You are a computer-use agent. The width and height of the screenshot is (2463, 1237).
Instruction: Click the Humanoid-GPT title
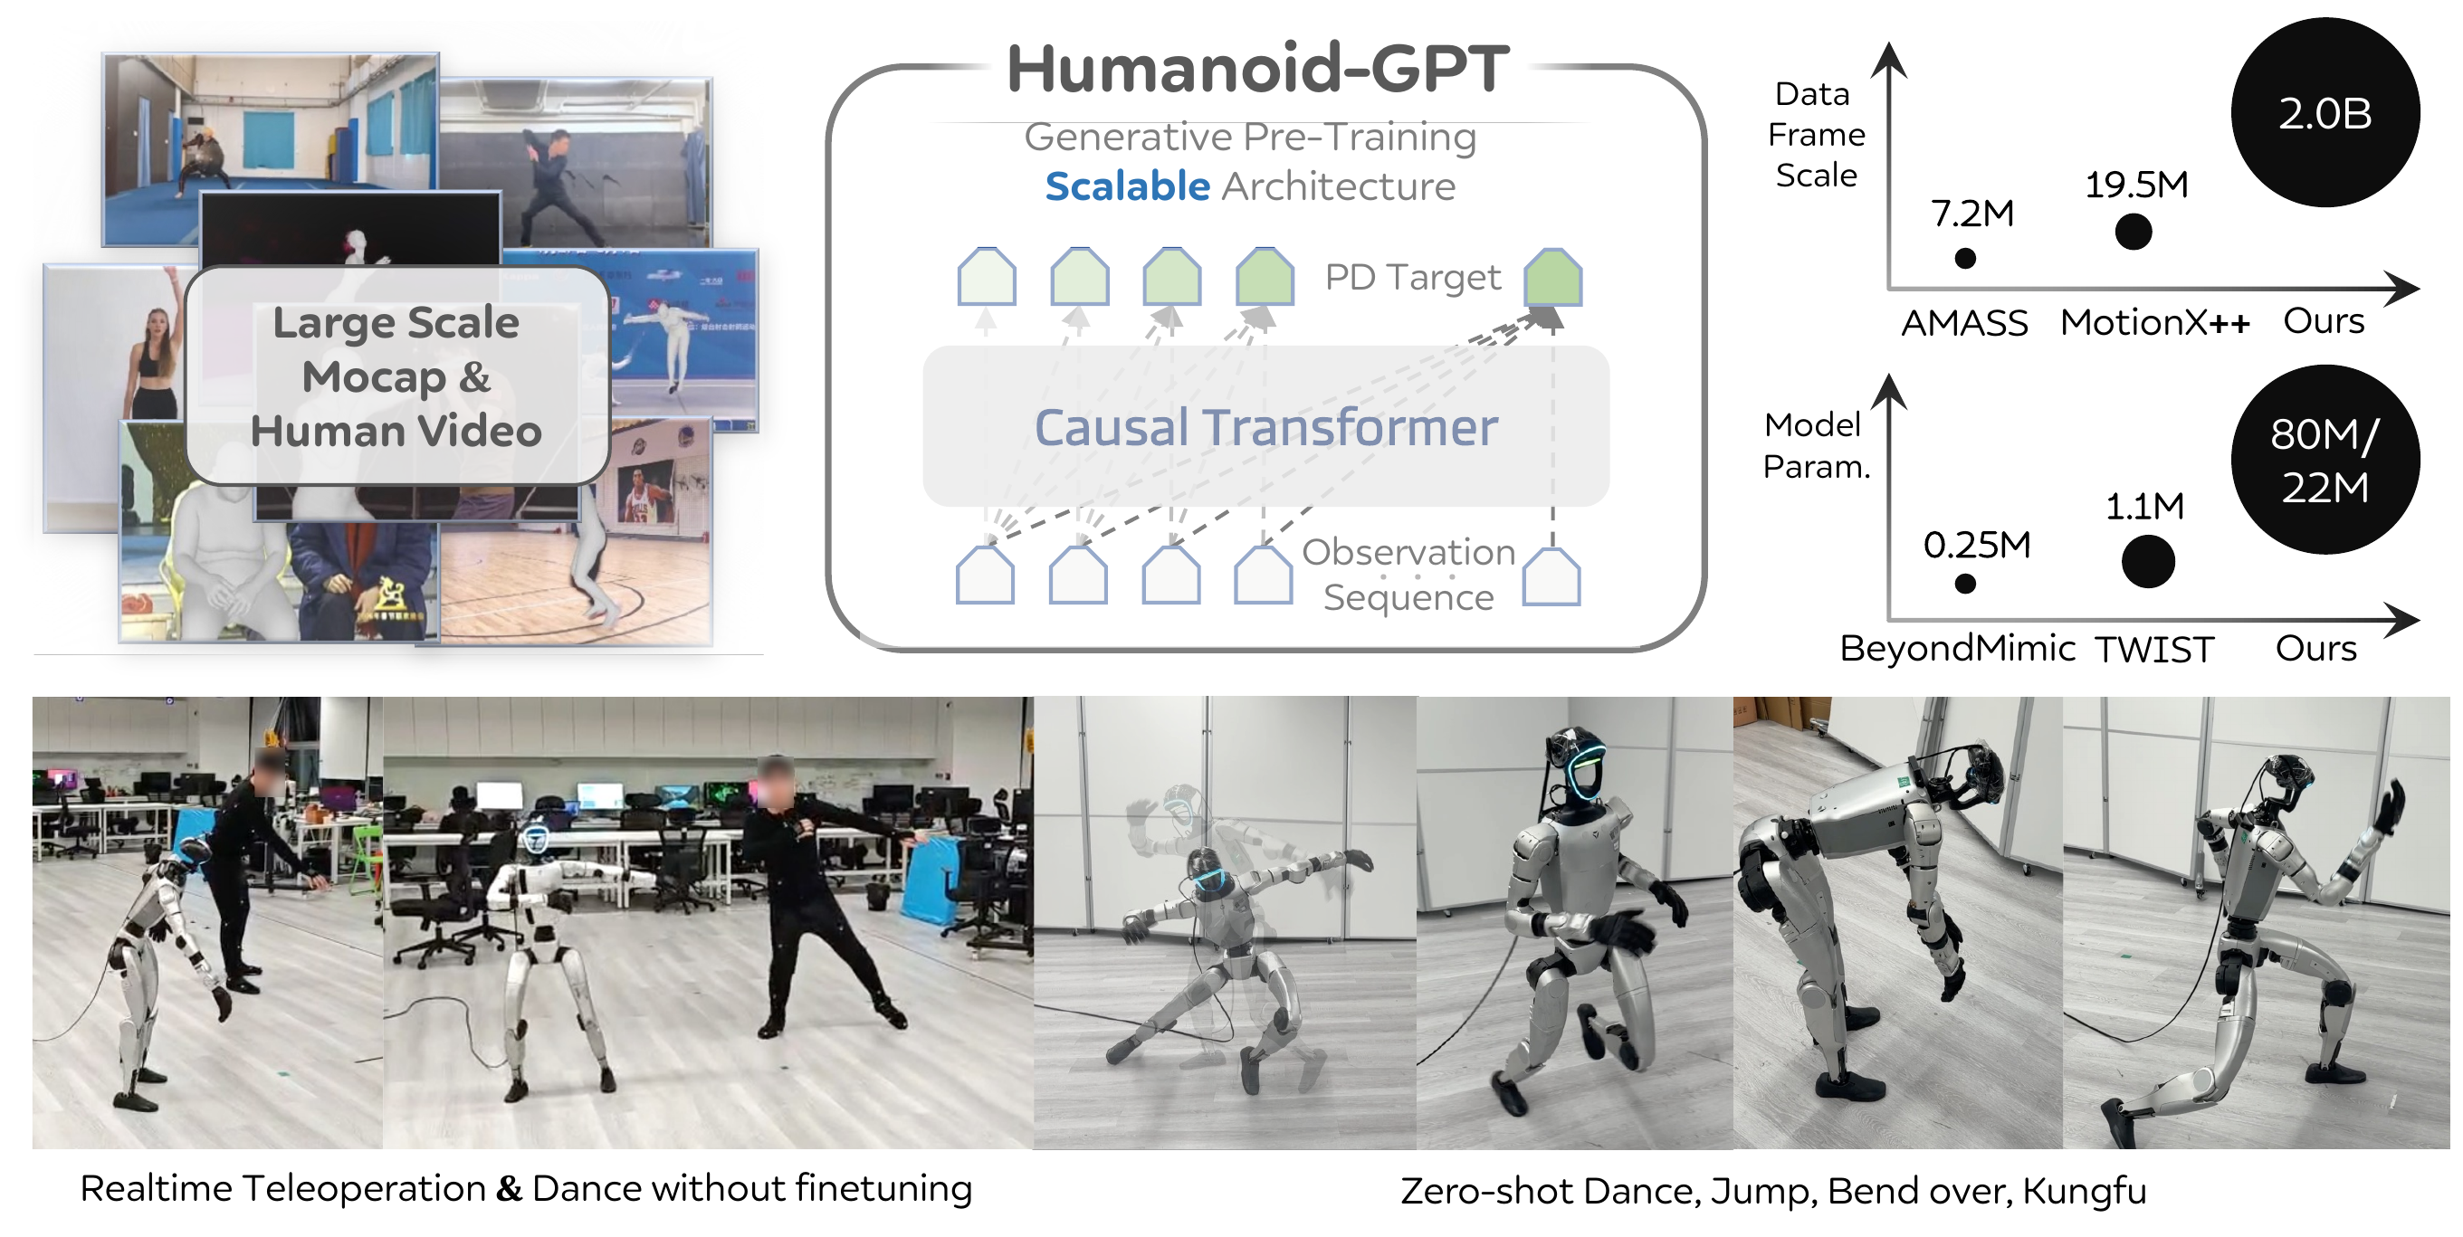[x=1257, y=69]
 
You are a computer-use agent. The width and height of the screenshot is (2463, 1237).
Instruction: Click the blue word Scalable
[x=1126, y=186]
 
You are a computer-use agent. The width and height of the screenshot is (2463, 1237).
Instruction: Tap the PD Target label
[x=1411, y=277]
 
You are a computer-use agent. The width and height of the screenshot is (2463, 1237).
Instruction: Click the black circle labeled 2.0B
[x=2325, y=113]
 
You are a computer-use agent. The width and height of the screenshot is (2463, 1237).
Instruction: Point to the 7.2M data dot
[x=1965, y=258]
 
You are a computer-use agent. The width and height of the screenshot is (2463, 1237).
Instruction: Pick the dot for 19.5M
[x=2134, y=232]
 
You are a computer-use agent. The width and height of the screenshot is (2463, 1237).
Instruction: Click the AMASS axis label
[x=1964, y=323]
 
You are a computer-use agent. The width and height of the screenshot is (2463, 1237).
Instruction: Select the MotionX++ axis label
[x=2154, y=323]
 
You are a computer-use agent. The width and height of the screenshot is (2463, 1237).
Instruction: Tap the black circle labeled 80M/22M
[x=2325, y=460]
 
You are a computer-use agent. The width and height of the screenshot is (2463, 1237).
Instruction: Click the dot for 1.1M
[x=2147, y=561]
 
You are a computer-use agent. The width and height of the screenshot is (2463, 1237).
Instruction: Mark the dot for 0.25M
[x=1965, y=584]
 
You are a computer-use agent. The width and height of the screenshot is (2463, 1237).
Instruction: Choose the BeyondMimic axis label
[x=1956, y=649]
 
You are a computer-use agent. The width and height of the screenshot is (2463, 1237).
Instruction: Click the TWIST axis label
[x=2154, y=650]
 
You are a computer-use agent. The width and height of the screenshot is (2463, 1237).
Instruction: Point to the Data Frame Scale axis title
[x=1816, y=135]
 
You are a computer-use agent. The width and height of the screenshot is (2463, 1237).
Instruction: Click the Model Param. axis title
[x=1815, y=445]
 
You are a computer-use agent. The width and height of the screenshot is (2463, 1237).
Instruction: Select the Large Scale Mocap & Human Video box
[x=396, y=376]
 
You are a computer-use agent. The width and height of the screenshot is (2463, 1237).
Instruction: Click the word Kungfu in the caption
[x=2084, y=1191]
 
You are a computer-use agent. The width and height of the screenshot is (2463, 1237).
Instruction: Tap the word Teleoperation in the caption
[x=364, y=1189]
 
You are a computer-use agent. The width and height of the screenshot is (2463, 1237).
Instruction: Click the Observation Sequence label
[x=1408, y=575]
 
